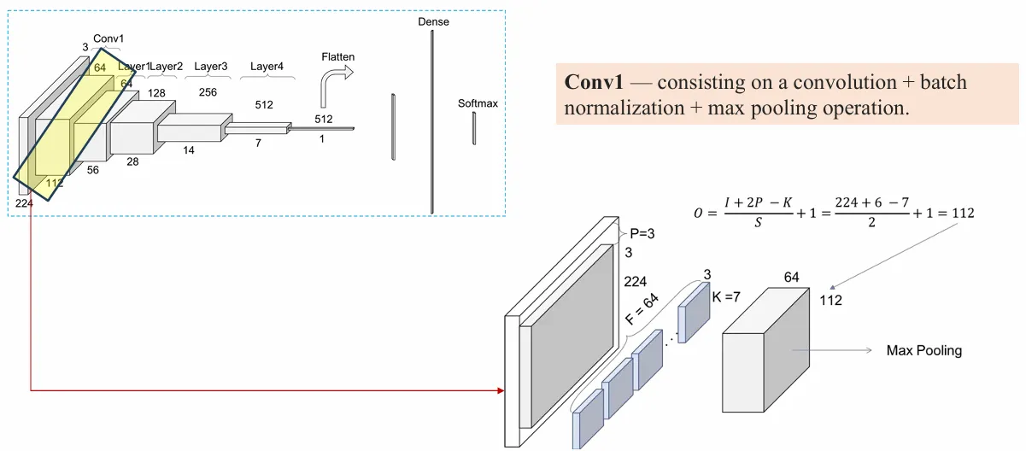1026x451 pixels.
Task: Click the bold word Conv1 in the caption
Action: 594,83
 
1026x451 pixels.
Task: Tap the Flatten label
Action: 337,57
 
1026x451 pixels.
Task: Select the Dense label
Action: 433,21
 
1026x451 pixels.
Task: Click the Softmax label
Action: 478,103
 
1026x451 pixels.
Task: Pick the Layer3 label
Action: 211,66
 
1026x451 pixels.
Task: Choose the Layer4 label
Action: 267,66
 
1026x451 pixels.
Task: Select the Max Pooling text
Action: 923,350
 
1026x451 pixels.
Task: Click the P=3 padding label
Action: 642,232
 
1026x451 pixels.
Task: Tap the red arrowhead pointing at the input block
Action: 499,390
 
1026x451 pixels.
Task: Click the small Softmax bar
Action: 474,128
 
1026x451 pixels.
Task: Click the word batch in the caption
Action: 937,83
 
